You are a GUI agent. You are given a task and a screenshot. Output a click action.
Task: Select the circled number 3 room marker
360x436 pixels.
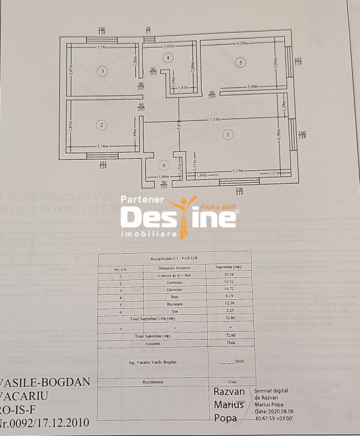[103, 71]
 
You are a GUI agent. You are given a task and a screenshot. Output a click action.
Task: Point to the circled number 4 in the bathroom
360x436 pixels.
[169, 58]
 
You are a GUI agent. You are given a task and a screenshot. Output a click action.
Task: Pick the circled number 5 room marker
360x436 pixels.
[241, 62]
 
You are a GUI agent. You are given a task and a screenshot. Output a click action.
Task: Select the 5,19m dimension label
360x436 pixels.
[239, 171]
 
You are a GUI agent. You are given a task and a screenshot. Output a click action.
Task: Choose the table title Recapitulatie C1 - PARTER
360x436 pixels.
[174, 257]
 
